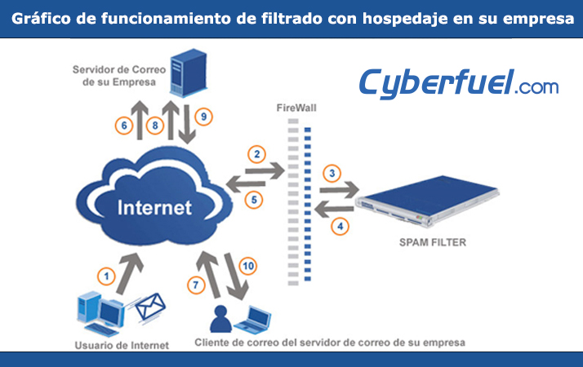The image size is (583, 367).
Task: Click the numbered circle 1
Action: click(106, 276)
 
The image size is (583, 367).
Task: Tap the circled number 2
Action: click(256, 154)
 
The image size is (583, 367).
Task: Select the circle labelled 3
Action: click(332, 173)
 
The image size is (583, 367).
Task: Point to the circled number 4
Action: click(340, 226)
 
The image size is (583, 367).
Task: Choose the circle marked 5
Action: click(254, 200)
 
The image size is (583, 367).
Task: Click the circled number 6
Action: click(124, 126)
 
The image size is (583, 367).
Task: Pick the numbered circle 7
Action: click(196, 285)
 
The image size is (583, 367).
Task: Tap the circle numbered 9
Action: click(203, 117)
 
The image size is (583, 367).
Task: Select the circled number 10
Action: click(248, 266)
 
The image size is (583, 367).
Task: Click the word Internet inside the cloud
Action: click(154, 208)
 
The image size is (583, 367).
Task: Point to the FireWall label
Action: click(296, 108)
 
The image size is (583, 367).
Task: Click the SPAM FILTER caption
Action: click(433, 242)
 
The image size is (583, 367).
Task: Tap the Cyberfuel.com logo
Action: click(458, 83)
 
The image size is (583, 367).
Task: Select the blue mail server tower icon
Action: click(189, 73)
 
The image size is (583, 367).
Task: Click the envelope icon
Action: click(150, 307)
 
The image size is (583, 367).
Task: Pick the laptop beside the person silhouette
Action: click(253, 320)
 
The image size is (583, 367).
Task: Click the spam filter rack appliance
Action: click(427, 201)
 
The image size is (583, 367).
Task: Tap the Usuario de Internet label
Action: click(122, 346)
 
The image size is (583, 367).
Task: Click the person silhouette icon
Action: click(220, 319)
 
